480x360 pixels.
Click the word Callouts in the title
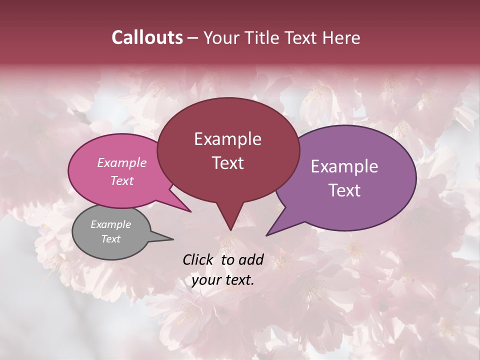[147, 37]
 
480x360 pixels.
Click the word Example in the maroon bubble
[227, 139]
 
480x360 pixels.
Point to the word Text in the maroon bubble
[227, 163]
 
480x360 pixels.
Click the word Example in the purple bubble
[344, 166]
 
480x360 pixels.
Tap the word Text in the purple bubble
[344, 190]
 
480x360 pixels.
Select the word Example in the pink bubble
[122, 162]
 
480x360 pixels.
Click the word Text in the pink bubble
[122, 180]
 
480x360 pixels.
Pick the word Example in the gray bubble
[110, 224]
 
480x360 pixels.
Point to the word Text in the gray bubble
[110, 239]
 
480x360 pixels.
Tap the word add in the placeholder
[251, 259]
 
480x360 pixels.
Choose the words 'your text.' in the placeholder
[222, 280]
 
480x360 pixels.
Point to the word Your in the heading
[222, 37]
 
